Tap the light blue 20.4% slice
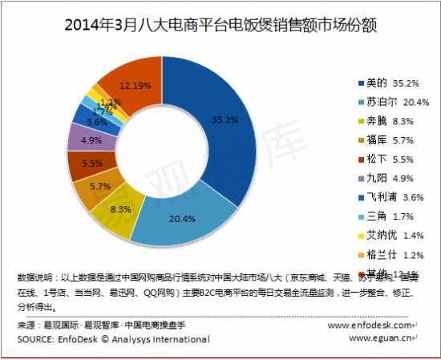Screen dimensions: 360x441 click(172, 223)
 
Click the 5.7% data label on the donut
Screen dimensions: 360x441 click(100, 186)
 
